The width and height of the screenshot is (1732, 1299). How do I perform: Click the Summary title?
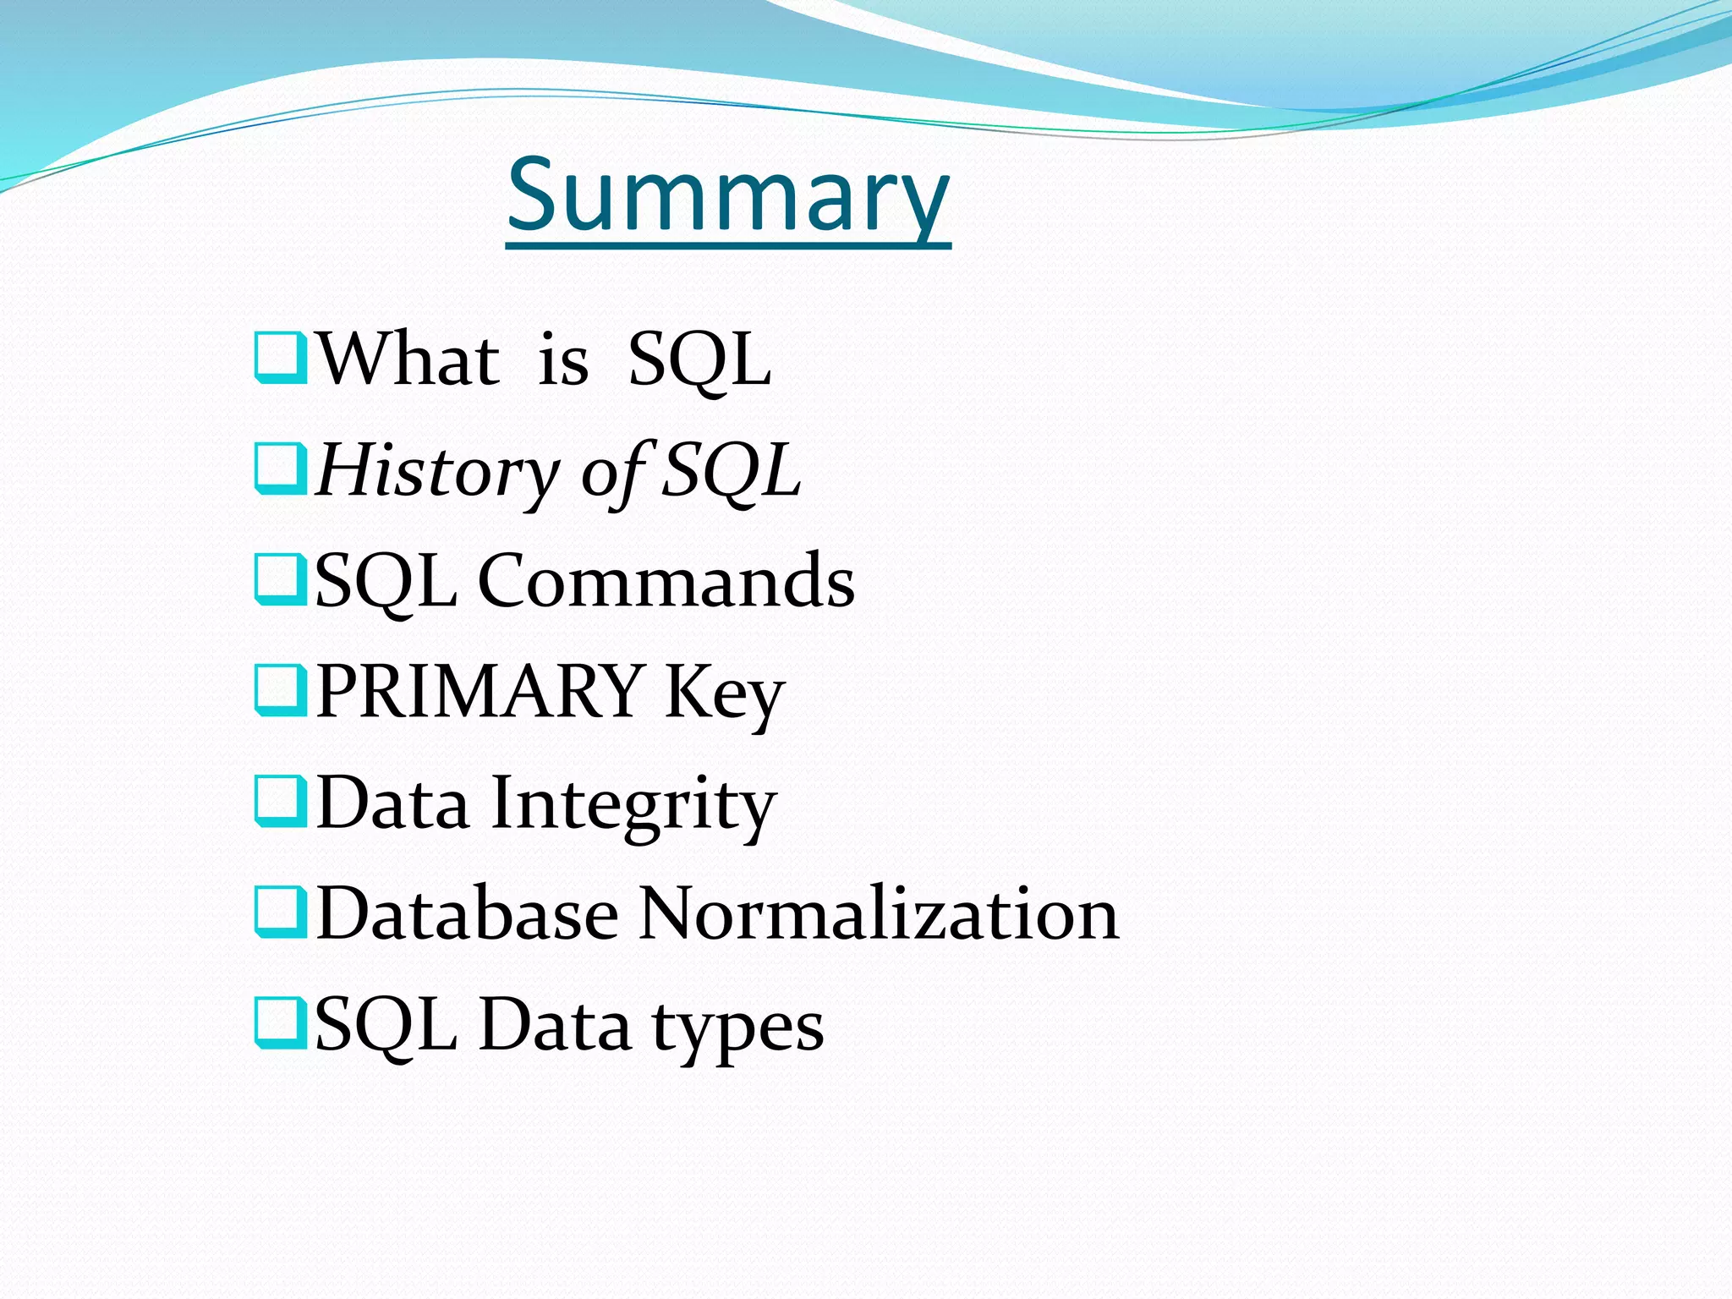(x=728, y=196)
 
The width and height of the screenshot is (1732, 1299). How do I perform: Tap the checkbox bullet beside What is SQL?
(x=280, y=359)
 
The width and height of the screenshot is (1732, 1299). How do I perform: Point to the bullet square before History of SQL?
(x=280, y=469)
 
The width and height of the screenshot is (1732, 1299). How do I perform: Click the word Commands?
(x=666, y=581)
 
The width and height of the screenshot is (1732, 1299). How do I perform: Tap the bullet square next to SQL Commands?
(x=280, y=580)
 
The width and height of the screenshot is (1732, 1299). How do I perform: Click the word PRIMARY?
(x=480, y=691)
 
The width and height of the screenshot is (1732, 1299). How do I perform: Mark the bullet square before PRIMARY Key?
(x=280, y=691)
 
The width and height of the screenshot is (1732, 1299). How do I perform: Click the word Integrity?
(x=633, y=803)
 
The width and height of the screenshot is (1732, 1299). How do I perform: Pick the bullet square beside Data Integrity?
(x=280, y=802)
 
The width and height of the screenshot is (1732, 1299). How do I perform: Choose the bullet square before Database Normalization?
(x=280, y=913)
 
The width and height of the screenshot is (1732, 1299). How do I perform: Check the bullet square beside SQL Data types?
(x=280, y=1023)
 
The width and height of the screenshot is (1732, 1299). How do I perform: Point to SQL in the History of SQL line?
(x=731, y=471)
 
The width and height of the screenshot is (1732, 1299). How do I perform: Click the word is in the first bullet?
(x=563, y=360)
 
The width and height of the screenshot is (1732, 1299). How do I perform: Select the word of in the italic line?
(x=613, y=471)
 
